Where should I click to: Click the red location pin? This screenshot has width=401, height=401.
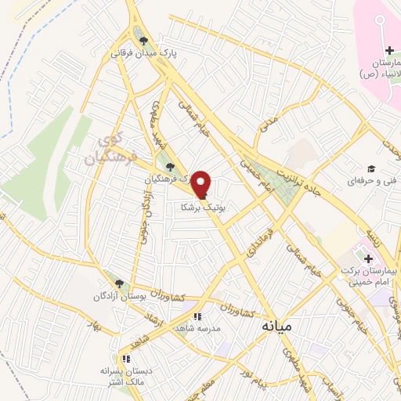coord(202,183)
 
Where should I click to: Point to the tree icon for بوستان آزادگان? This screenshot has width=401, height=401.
coord(119,284)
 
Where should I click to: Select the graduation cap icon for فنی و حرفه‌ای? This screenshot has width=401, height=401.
coord(371,168)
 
